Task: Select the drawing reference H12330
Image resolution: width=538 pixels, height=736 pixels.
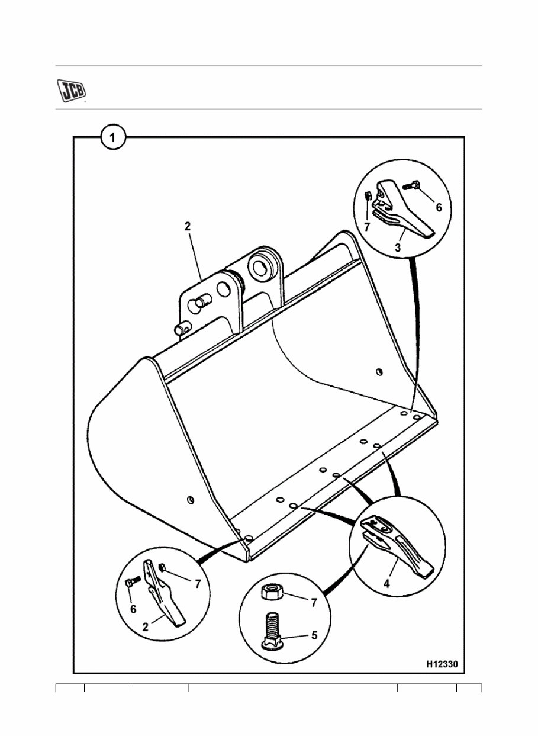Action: pos(442,664)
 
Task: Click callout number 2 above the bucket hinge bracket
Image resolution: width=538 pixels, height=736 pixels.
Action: pos(187,226)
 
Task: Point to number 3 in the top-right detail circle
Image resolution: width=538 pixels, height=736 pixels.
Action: pos(398,248)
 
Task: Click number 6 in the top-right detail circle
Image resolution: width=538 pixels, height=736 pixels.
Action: pos(438,207)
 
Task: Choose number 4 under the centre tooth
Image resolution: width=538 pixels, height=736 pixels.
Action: pos(386,584)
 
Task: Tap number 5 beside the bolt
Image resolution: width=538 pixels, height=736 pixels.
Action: pos(314,635)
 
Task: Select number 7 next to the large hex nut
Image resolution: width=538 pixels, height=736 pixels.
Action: pos(314,603)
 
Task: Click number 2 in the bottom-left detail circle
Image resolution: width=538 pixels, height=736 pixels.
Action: pos(145,628)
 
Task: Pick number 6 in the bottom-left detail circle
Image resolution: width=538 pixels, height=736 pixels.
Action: pos(133,608)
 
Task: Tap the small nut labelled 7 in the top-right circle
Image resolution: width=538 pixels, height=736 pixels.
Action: pos(368,197)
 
